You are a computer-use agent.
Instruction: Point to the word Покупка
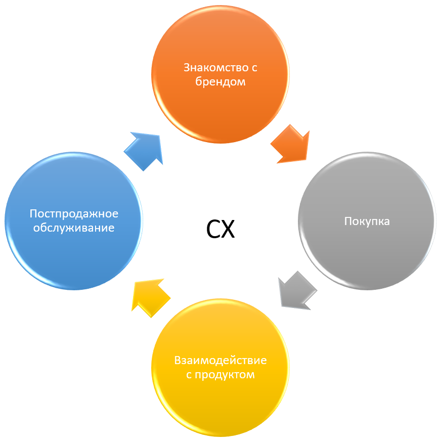coord(367,222)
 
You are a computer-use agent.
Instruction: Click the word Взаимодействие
coord(220,361)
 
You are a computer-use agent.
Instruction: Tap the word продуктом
coord(226,375)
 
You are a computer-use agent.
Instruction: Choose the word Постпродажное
coord(74,213)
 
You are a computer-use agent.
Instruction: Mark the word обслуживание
coord(74,228)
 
